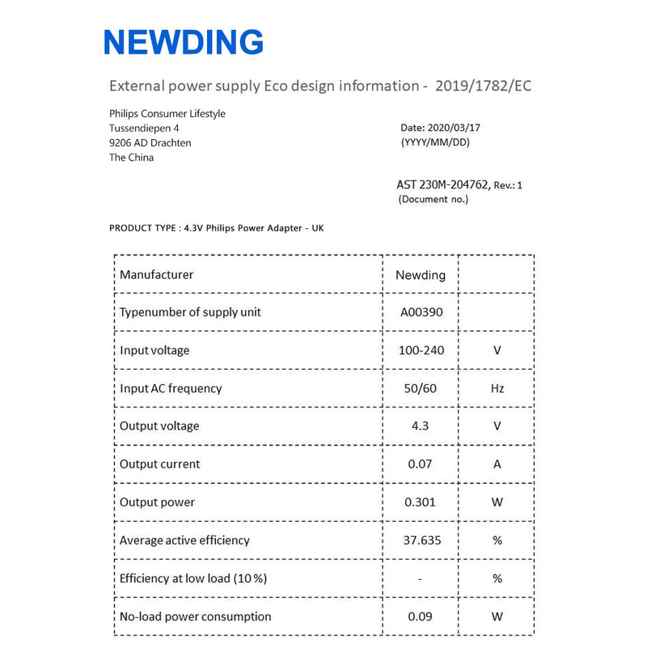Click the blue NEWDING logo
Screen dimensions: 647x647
click(x=184, y=41)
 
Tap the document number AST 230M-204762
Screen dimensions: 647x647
click(x=442, y=184)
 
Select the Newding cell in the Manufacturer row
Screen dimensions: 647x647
click(x=420, y=275)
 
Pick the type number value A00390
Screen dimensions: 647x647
click(x=420, y=312)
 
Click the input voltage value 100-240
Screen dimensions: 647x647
click(x=420, y=350)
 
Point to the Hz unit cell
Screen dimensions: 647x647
click(x=497, y=388)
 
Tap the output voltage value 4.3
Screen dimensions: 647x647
click(x=420, y=426)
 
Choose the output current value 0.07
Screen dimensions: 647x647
click(x=420, y=464)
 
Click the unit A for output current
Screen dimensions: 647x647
click(x=497, y=464)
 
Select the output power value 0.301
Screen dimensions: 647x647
click(x=420, y=502)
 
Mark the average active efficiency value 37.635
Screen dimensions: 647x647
click(x=421, y=540)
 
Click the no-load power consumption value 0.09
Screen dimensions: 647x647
click(x=420, y=616)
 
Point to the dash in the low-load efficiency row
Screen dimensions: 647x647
click(x=420, y=578)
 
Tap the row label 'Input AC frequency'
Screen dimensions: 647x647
click(x=171, y=388)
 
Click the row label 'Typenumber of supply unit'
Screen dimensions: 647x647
click(x=190, y=312)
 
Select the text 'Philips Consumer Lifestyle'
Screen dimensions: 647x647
click(x=167, y=114)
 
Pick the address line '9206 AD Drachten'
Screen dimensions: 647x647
click(x=150, y=143)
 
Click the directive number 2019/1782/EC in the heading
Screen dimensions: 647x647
click(x=483, y=86)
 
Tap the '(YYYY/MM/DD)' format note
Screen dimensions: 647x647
click(x=435, y=142)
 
